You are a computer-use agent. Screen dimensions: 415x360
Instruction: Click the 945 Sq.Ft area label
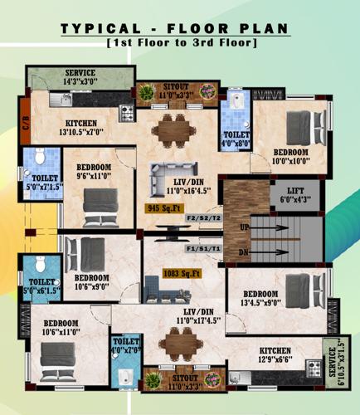coord(164,208)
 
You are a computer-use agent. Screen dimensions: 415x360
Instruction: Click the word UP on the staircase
coord(245,227)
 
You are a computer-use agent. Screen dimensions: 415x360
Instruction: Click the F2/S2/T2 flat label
coord(203,217)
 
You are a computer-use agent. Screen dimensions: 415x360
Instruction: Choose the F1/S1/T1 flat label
coord(203,247)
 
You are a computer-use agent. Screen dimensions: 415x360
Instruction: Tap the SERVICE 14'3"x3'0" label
coord(81,78)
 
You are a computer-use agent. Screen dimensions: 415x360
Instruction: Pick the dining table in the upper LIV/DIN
coord(174,128)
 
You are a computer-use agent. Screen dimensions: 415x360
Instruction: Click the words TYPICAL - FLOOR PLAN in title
coord(175,29)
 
